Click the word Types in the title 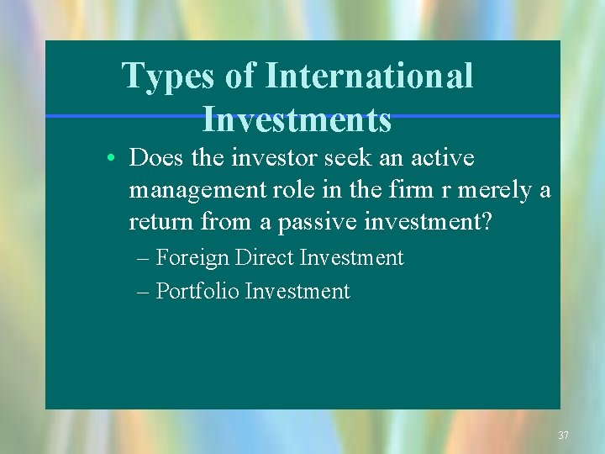[168, 76]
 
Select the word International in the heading [370, 76]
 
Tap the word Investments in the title [297, 119]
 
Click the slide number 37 [563, 436]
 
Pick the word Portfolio [197, 291]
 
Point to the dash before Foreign [142, 258]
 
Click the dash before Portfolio [142, 292]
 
